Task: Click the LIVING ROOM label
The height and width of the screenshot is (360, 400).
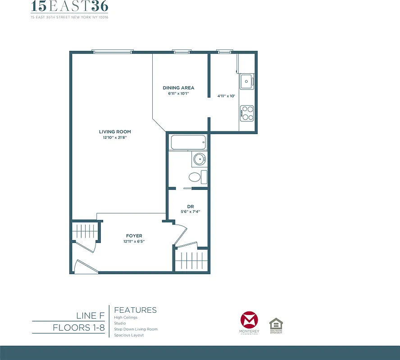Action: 115,132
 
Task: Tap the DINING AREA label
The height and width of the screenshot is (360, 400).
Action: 178,88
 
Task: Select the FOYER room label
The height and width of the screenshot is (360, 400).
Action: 134,236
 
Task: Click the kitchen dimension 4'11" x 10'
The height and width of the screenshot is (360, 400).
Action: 226,96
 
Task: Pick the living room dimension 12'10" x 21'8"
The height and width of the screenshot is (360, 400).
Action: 115,138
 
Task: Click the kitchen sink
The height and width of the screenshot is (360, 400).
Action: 247,81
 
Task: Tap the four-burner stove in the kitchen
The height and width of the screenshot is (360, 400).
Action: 247,112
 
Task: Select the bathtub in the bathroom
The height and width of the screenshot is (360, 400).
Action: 188,143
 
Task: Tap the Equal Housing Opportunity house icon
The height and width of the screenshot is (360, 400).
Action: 276,324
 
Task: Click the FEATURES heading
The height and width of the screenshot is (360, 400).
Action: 136,310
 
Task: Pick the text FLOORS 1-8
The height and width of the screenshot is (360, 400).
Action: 78,328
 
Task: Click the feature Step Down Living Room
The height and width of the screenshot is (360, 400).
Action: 136,329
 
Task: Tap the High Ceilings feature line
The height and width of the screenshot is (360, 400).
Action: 126,318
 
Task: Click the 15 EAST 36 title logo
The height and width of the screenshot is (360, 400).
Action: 69,7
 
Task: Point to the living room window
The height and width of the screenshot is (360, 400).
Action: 113,51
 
